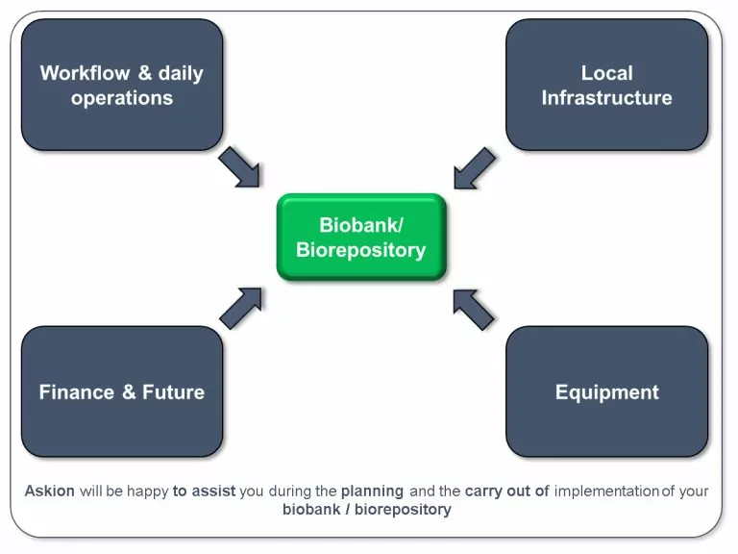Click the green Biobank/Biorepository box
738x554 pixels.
[x=360, y=238]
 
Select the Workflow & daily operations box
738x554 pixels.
[x=122, y=85]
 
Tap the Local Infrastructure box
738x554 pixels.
[x=606, y=85]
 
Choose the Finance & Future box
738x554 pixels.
[x=122, y=391]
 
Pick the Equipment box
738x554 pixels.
[x=606, y=391]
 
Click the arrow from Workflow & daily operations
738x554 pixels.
[x=240, y=167]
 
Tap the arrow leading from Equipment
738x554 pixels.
[x=474, y=309]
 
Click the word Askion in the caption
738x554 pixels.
[x=50, y=491]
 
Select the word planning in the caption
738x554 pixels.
[x=372, y=491]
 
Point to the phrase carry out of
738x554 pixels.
[x=506, y=491]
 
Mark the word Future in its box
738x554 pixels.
[x=173, y=392]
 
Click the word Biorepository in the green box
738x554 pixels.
[x=360, y=250]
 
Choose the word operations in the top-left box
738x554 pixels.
[x=122, y=97]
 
